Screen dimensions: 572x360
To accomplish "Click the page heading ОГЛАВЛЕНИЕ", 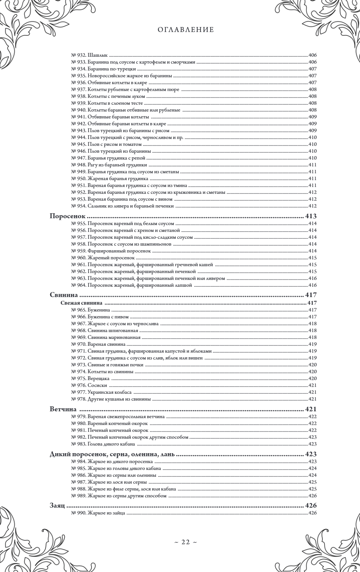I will [x=186, y=29].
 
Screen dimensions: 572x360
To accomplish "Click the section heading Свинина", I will [x=64, y=295].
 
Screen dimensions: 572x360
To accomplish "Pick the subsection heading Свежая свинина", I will [x=81, y=303].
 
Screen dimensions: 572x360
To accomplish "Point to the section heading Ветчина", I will [x=63, y=409].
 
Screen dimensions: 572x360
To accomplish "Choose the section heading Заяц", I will [x=57, y=506].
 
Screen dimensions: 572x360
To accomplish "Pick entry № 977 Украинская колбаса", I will [x=101, y=392].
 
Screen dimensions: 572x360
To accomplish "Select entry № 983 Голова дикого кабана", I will [x=103, y=444].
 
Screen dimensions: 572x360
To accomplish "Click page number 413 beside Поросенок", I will [x=311, y=216].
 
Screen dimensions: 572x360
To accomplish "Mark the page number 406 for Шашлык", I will [x=313, y=55].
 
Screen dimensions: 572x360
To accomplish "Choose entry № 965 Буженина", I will [x=91, y=310].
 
